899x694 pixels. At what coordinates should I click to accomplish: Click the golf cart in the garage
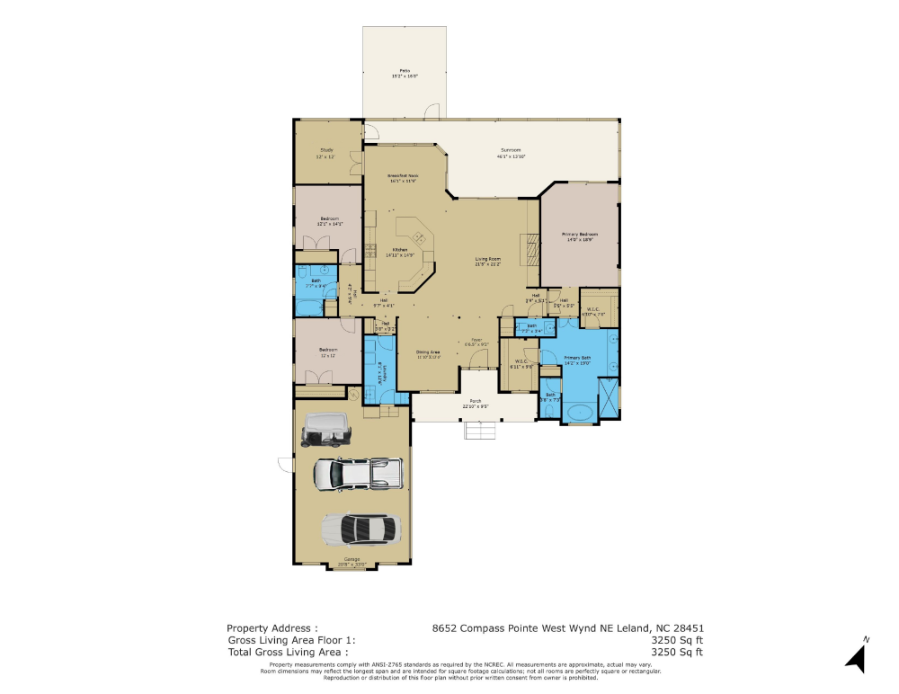pyautogui.click(x=325, y=430)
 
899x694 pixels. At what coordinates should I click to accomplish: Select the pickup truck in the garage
pyautogui.click(x=357, y=472)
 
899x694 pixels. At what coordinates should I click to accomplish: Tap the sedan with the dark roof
pyautogui.click(x=360, y=529)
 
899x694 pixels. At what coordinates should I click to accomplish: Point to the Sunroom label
pyautogui.click(x=511, y=153)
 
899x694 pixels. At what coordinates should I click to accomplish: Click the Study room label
pyautogui.click(x=325, y=153)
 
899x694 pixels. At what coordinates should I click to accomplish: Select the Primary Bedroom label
pyautogui.click(x=581, y=236)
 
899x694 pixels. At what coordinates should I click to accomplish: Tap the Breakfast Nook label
pyautogui.click(x=403, y=178)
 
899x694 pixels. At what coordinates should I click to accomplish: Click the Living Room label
pyautogui.click(x=488, y=262)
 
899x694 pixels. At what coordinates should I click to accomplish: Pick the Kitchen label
pyautogui.click(x=398, y=252)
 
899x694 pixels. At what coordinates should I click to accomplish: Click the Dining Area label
pyautogui.click(x=428, y=353)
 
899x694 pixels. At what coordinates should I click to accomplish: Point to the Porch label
pyautogui.click(x=475, y=403)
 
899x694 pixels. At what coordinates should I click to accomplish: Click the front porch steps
pyautogui.click(x=480, y=432)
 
